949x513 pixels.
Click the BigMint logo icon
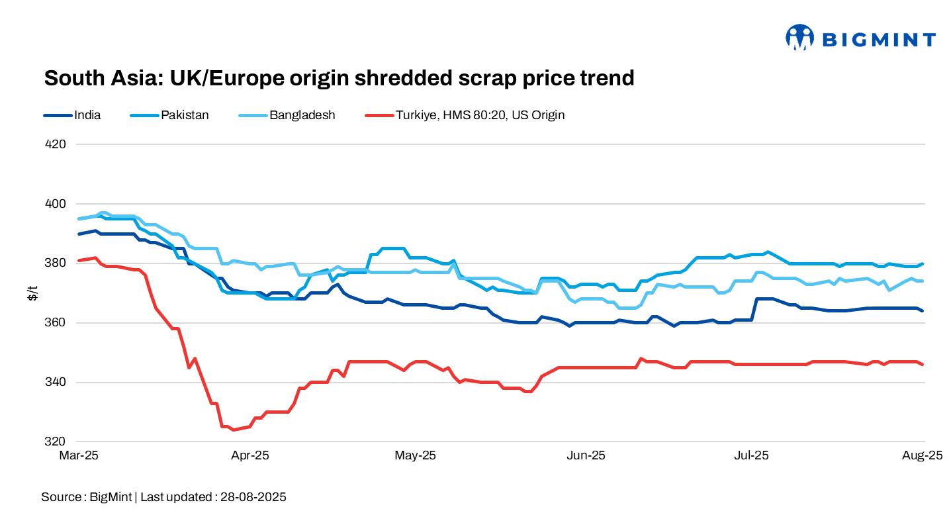799,38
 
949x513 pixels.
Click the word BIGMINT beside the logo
879,40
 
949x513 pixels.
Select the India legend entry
87,115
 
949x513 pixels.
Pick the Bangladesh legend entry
302,115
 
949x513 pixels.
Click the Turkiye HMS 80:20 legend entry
480,115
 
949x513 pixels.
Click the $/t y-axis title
31,293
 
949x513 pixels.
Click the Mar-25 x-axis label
79,455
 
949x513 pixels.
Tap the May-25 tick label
416,455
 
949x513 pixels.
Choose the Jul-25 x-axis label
752,455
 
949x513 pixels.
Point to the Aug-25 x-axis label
921,455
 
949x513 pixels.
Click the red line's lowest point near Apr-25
232,430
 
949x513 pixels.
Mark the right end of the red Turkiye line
923,365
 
